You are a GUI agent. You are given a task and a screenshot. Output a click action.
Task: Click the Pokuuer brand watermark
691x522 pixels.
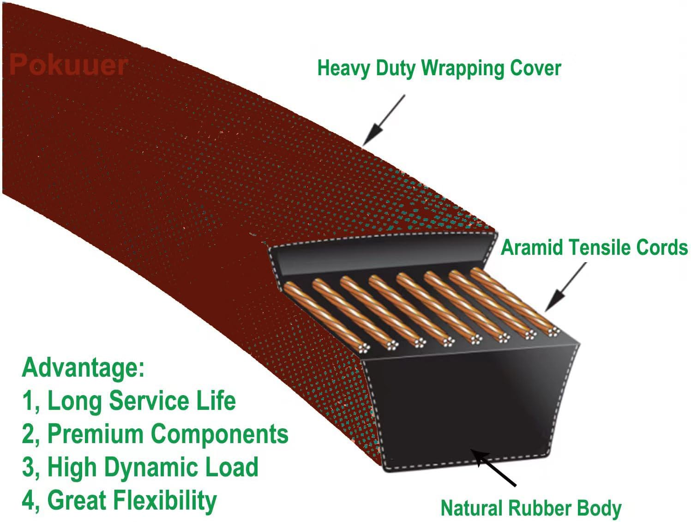coord(68,65)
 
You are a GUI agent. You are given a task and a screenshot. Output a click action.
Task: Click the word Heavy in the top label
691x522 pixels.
coord(344,69)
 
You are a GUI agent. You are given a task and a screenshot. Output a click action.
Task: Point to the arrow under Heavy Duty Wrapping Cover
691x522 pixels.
coord(383,120)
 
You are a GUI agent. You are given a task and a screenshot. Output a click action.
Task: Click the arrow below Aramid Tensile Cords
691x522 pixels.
coord(565,287)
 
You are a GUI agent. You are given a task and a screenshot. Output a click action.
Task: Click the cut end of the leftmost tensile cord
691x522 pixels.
coord(364,348)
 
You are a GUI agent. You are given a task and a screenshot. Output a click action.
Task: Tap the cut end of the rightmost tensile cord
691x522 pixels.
coord(553,331)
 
